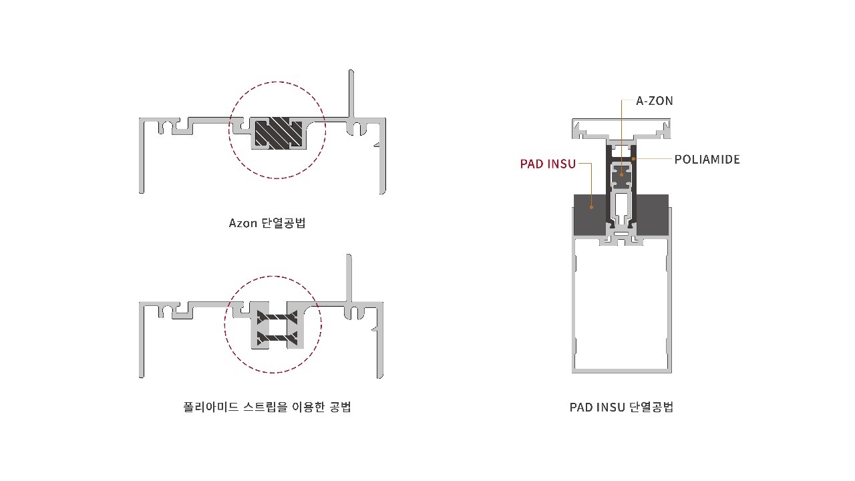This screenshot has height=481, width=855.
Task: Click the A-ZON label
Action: point(654,101)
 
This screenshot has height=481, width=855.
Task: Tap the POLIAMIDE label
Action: point(707,160)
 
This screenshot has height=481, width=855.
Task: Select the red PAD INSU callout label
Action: point(548,164)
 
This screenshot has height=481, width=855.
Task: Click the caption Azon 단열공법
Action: point(267,223)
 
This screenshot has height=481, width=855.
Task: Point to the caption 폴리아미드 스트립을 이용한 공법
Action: point(267,406)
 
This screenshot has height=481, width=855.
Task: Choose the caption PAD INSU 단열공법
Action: point(621,407)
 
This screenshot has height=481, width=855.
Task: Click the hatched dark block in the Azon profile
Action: point(277,133)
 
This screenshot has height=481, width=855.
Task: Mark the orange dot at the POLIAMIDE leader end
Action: point(633,159)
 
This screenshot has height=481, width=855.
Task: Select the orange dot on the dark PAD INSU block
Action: point(592,207)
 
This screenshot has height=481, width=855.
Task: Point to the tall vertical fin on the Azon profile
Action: point(350,94)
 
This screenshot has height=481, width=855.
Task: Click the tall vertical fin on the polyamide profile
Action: point(349,277)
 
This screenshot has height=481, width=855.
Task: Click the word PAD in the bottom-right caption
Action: point(580,407)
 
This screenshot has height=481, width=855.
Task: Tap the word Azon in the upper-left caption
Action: point(242,223)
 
